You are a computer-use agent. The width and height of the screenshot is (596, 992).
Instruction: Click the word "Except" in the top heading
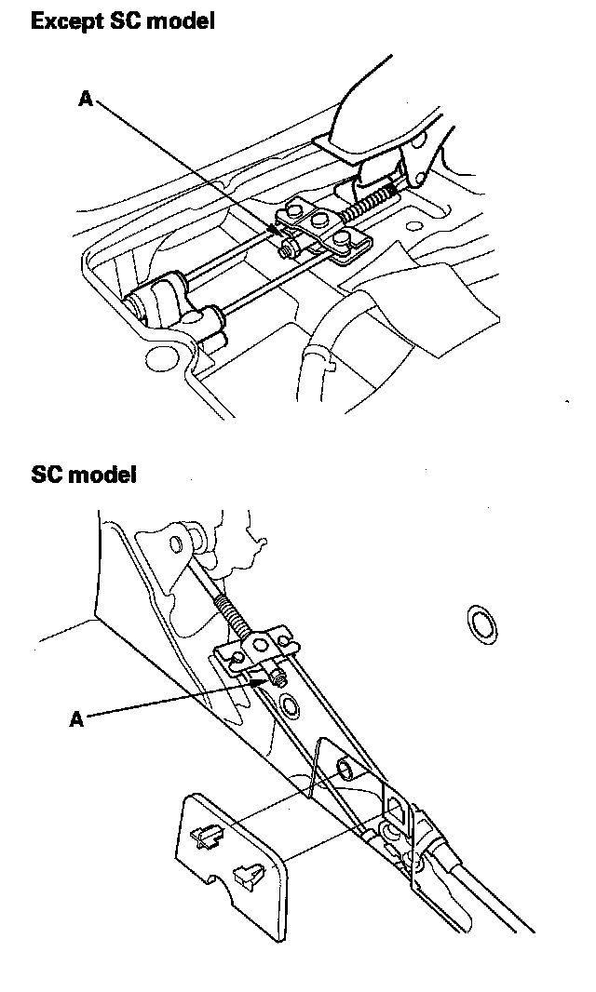(x=64, y=20)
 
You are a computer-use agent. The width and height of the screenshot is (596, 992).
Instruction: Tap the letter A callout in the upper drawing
(x=86, y=98)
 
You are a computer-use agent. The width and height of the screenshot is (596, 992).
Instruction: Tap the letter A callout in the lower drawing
(x=77, y=718)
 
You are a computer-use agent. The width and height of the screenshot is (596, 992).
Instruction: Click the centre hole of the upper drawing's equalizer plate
(x=319, y=221)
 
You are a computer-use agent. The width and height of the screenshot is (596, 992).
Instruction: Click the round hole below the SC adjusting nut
(x=289, y=707)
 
